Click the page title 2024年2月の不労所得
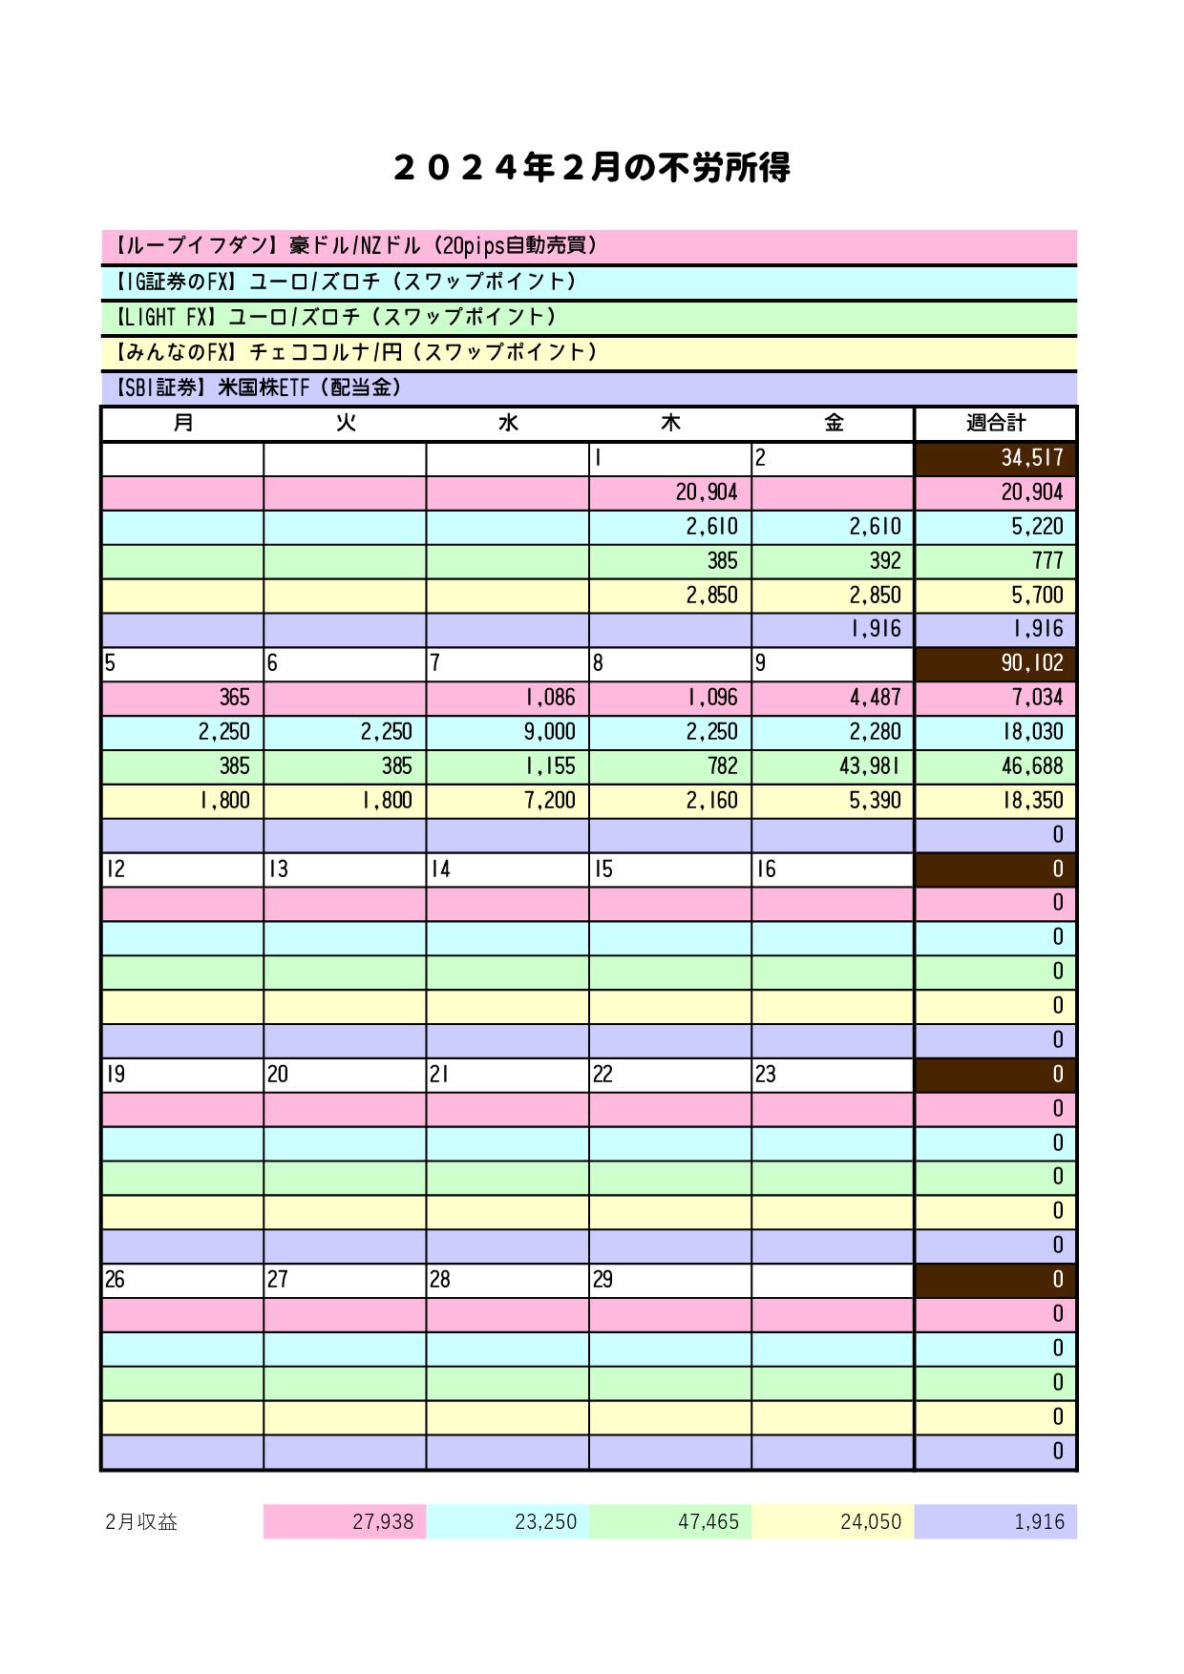[x=591, y=169]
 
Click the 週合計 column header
[x=995, y=423]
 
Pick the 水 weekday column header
[x=507, y=423]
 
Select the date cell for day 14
[x=507, y=869]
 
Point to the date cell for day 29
[x=669, y=1280]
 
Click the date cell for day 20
[x=344, y=1075]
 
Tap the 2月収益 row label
[x=141, y=1521]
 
